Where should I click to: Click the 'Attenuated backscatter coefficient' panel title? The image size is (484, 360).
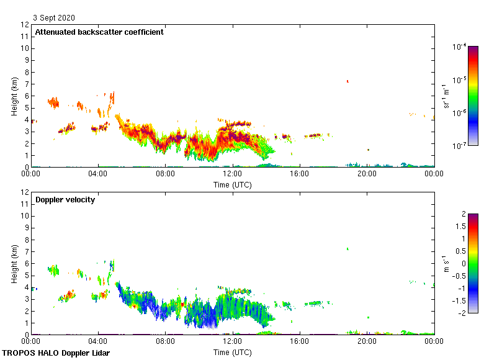(99, 32)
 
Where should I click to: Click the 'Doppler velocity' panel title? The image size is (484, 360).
(65, 200)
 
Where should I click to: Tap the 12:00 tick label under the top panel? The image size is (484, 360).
(232, 174)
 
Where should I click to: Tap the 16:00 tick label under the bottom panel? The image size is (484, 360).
(299, 341)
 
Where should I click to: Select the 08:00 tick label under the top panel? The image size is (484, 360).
(165, 174)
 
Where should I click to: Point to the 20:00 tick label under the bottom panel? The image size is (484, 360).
(367, 341)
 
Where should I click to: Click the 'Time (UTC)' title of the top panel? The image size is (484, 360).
(232, 184)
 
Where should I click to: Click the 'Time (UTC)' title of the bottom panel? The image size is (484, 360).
(232, 353)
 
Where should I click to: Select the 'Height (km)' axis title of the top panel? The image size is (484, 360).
(14, 96)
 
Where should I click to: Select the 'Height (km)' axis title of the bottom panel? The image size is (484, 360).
(14, 264)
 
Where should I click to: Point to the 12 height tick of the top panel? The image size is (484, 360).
(25, 25)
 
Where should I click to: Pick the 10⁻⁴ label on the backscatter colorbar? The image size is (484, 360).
(460, 47)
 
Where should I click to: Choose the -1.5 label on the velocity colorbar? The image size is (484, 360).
(460, 300)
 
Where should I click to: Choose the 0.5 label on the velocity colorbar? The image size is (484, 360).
(460, 251)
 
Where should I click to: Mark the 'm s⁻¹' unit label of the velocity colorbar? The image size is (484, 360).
(446, 264)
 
